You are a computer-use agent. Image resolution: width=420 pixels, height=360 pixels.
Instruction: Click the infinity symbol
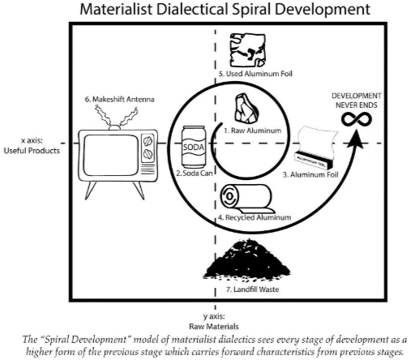pyautogui.click(x=357, y=119)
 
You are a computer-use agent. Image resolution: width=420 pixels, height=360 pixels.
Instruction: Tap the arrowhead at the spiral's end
pyautogui.click(x=356, y=139)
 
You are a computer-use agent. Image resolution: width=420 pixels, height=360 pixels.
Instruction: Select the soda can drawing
pyautogui.click(x=194, y=147)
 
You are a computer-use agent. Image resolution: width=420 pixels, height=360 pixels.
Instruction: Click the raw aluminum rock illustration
pyautogui.click(x=246, y=108)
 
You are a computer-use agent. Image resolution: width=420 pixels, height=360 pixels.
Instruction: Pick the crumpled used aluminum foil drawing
pyautogui.click(x=247, y=50)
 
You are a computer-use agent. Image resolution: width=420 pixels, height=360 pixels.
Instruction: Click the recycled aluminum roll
pyautogui.click(x=247, y=199)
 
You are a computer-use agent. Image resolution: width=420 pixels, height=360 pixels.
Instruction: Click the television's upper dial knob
pyautogui.click(x=148, y=141)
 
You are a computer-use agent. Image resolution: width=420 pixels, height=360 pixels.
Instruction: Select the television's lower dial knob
pyautogui.click(x=148, y=154)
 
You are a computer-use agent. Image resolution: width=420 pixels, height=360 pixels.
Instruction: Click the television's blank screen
pyautogui.click(x=111, y=155)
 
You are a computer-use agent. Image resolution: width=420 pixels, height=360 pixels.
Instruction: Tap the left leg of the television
pyautogui.click(x=90, y=191)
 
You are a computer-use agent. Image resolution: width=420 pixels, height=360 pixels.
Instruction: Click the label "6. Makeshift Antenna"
pyautogui.click(x=119, y=99)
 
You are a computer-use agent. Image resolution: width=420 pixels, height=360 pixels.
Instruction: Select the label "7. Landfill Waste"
pyautogui.click(x=252, y=289)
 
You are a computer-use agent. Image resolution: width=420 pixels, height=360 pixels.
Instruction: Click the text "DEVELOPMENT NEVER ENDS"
pyautogui.click(x=356, y=101)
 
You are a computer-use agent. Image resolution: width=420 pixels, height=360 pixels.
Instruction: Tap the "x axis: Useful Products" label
pyautogui.click(x=32, y=145)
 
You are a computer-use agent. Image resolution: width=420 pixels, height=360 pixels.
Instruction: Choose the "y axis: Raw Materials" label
pyautogui.click(x=214, y=321)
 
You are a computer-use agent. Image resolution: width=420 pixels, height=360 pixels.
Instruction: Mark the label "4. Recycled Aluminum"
pyautogui.click(x=255, y=217)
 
